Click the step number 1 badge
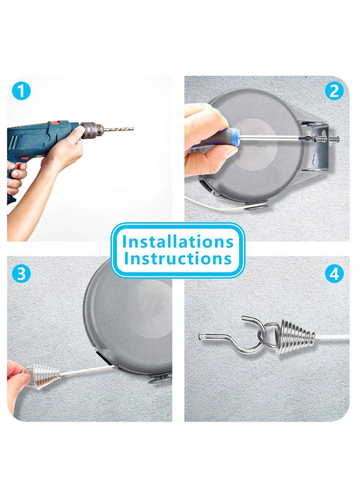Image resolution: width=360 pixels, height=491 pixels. (21, 91)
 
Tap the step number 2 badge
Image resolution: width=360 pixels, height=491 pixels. (334, 91)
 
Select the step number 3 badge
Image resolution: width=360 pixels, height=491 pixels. (21, 274)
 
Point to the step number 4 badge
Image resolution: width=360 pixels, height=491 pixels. (334, 274)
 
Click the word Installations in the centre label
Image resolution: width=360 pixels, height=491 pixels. (178, 242)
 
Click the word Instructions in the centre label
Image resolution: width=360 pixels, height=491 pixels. (178, 259)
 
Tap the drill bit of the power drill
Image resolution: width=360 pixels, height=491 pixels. (118, 129)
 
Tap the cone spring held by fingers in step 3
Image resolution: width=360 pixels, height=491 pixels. (46, 376)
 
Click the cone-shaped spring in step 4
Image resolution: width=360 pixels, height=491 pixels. (295, 337)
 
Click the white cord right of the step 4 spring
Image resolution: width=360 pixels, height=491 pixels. (332, 338)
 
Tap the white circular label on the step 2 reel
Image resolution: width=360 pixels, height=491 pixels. (255, 144)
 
